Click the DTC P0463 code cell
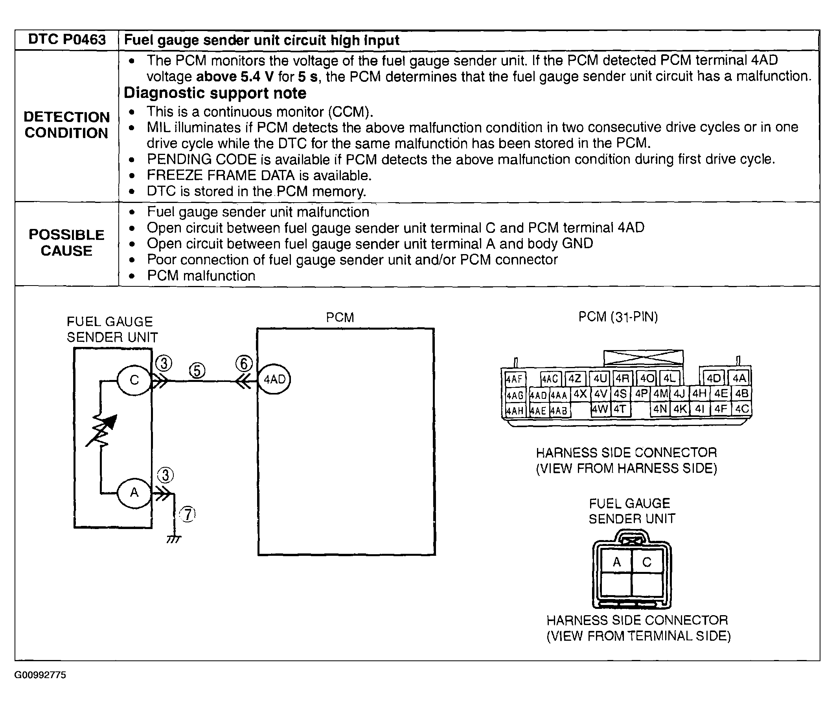[x=66, y=40]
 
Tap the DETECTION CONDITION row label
[x=66, y=125]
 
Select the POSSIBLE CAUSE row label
[x=66, y=243]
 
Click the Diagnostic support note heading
[x=215, y=93]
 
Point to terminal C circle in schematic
[x=134, y=380]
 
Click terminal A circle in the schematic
[x=134, y=492]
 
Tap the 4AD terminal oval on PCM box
[x=274, y=379]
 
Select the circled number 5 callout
[x=197, y=371]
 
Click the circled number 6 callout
[x=244, y=363]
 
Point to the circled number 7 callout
[x=188, y=514]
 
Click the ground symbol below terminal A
[x=174, y=539]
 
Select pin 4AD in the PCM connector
[x=538, y=395]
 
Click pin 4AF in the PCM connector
[x=514, y=379]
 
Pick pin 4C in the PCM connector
[x=741, y=409]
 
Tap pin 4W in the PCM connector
[x=600, y=409]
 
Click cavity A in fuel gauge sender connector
[x=616, y=562]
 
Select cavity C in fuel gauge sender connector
[x=647, y=562]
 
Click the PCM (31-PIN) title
[x=618, y=317]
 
